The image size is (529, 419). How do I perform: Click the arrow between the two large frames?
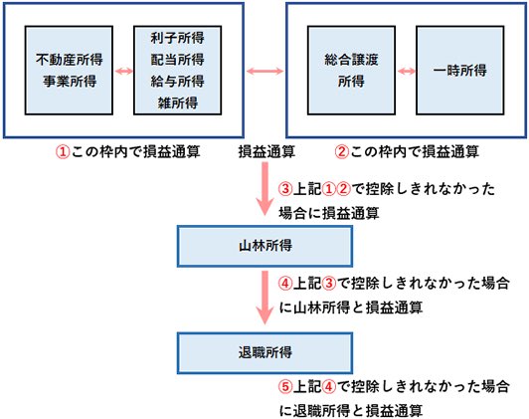[264, 70]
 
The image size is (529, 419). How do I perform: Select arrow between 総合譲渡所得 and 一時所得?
[405, 71]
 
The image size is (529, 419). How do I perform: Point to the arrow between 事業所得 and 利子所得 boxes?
[124, 71]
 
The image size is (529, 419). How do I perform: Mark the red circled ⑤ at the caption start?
[287, 385]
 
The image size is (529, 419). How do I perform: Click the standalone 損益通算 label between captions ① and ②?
[264, 153]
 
